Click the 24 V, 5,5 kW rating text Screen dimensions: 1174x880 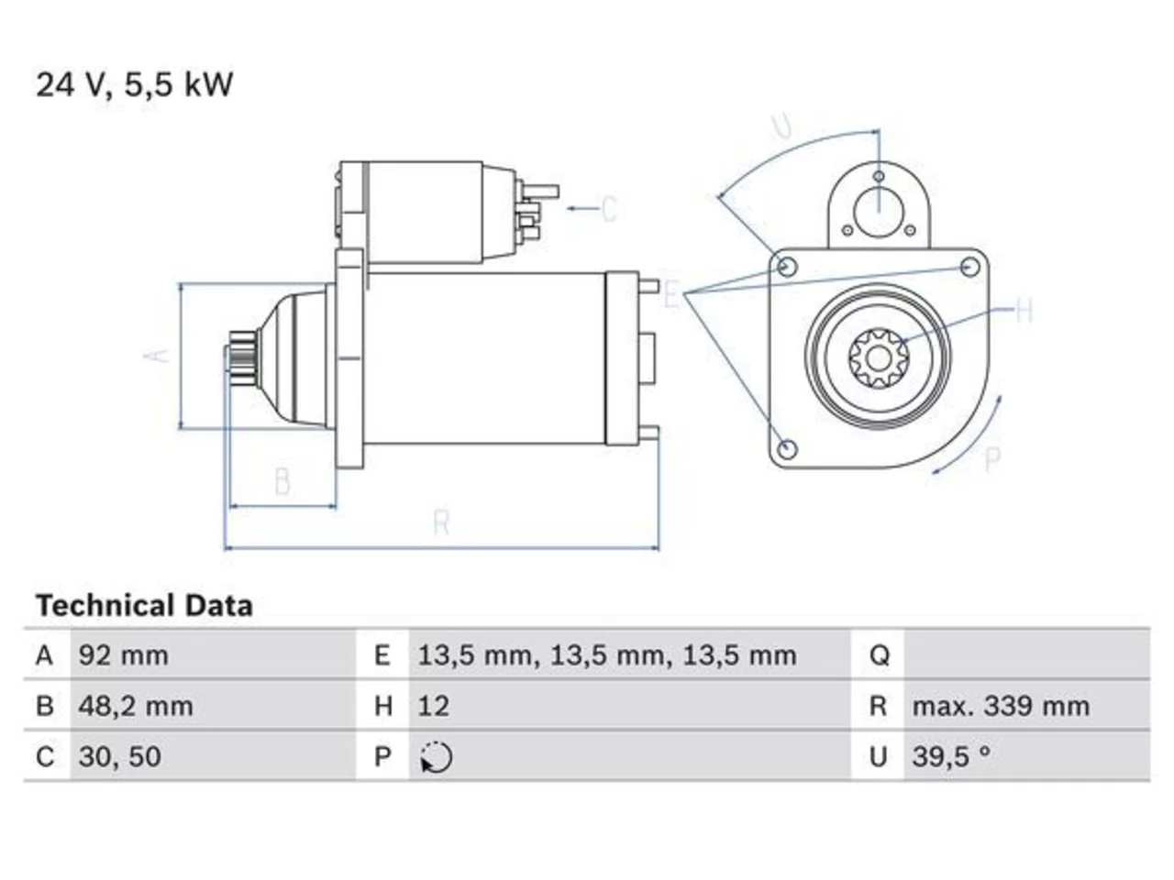134,84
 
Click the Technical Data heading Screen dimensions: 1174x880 144,606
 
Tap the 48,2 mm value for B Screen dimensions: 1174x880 136,706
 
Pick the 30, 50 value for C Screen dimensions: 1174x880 119,756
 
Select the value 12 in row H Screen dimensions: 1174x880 433,706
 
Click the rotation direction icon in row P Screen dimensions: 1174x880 436,757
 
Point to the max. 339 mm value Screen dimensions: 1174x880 1001,706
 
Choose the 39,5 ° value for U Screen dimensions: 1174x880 950,756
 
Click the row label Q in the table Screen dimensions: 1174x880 880,655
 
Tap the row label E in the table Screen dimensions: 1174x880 382,655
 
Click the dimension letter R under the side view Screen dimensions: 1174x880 442,522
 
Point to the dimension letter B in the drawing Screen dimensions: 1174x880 282,481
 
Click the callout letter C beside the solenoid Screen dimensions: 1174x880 609,208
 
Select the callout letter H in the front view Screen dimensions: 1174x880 1024,311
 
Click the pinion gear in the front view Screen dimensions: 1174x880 879,358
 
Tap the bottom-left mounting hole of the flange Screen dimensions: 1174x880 787,448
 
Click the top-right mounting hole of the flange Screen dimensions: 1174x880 969,267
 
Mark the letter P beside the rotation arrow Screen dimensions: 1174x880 992,459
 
